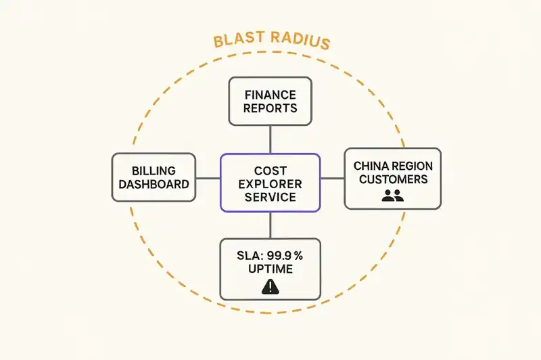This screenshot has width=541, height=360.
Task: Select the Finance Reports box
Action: (270, 101)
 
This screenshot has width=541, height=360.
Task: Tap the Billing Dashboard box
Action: (154, 177)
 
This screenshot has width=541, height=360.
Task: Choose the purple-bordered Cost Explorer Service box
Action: (270, 182)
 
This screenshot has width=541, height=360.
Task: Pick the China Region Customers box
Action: (392, 179)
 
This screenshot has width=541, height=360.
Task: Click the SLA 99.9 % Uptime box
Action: (270, 269)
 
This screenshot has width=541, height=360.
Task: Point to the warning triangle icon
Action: (270, 288)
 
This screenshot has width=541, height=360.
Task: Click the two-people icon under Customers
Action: (392, 196)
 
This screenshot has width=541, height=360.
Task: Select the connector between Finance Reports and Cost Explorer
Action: (270, 139)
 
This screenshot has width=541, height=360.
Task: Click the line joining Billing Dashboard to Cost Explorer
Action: (208, 179)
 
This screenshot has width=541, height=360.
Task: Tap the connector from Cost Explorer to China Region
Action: (332, 179)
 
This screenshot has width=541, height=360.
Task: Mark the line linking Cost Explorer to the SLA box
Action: (270, 225)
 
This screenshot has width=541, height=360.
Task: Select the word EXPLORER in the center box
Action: (270, 183)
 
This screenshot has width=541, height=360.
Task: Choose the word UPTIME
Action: (270, 269)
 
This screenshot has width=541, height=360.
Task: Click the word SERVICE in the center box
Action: (270, 197)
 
